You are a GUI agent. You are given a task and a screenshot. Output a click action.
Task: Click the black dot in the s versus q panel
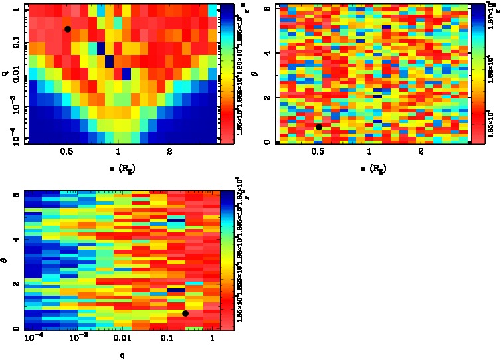point(67,29)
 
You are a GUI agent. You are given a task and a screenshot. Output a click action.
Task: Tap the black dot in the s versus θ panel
point(319,127)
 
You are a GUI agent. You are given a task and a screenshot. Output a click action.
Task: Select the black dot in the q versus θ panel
point(185,314)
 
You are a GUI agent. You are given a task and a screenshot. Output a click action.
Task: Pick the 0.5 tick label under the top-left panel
point(66,151)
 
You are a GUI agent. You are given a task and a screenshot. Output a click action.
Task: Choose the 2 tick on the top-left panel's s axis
point(170,151)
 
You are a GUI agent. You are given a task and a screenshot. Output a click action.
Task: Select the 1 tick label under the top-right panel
point(369,151)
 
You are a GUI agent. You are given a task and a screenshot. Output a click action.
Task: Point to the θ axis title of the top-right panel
point(257,74)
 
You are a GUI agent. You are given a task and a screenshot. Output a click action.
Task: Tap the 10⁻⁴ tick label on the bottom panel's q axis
point(31,339)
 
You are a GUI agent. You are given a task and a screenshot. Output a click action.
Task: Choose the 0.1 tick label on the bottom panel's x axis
point(161,339)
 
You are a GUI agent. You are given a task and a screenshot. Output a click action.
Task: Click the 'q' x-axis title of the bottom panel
point(120,355)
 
